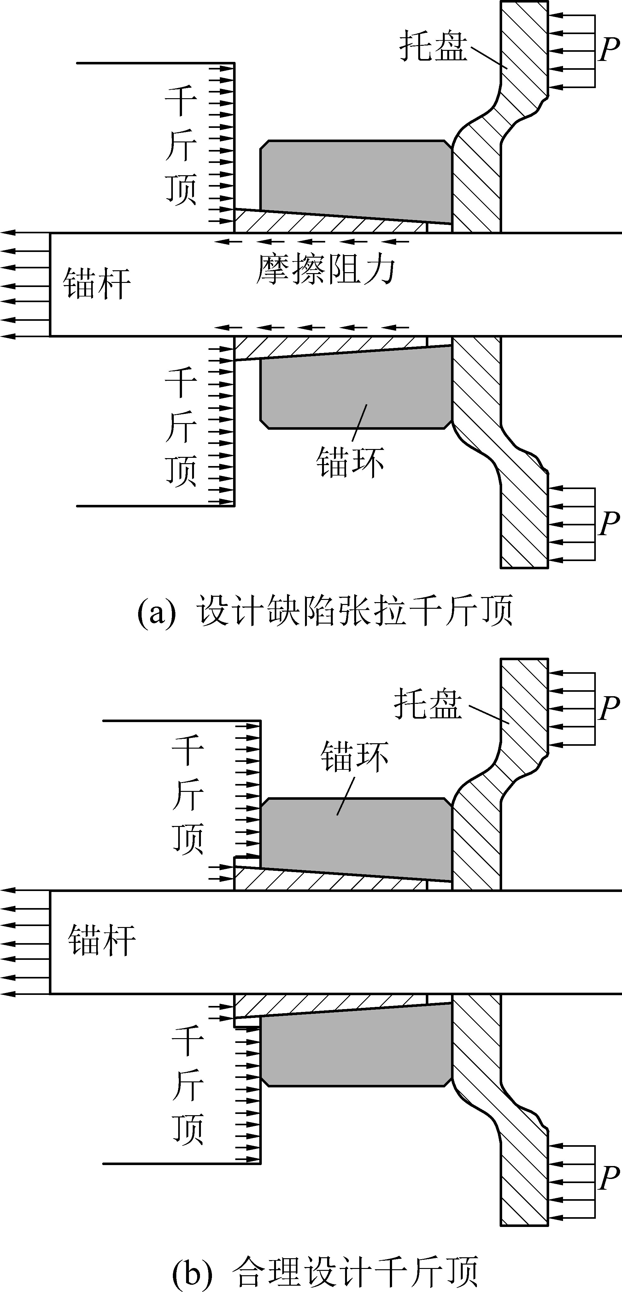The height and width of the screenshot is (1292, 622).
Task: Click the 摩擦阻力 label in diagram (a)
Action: tap(326, 270)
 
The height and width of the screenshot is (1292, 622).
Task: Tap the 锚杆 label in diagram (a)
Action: tap(97, 284)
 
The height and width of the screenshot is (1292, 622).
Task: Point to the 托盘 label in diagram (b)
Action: tap(427, 704)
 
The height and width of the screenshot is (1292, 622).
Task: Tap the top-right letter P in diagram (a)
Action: tap(609, 50)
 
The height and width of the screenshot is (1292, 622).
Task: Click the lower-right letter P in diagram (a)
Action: tap(609, 523)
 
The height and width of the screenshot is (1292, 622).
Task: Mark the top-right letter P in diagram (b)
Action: tap(609, 708)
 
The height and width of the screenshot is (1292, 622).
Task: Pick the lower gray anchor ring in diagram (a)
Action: tap(356, 391)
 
